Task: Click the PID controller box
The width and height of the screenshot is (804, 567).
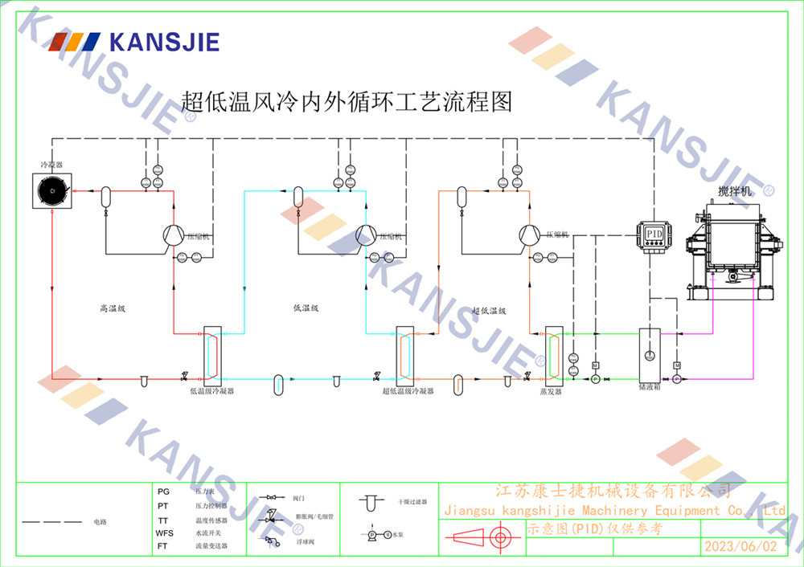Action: [x=654, y=234]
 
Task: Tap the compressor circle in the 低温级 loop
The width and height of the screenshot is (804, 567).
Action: [x=367, y=235]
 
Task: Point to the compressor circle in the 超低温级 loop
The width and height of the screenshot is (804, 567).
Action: [x=529, y=235]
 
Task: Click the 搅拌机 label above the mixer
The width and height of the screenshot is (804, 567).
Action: [x=735, y=193]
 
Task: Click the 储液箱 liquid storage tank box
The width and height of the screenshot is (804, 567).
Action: [x=650, y=354]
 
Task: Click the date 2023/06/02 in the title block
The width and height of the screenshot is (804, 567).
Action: [x=740, y=546]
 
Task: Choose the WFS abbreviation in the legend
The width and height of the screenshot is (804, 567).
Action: [x=164, y=532]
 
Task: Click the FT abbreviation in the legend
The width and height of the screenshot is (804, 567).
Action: [x=164, y=546]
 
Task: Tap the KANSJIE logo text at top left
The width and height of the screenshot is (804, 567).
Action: [x=164, y=42]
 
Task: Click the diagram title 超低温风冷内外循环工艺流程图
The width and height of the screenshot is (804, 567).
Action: [x=347, y=102]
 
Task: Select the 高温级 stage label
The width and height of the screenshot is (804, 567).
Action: [x=113, y=308]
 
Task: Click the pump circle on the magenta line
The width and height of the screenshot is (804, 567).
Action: [x=676, y=379]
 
